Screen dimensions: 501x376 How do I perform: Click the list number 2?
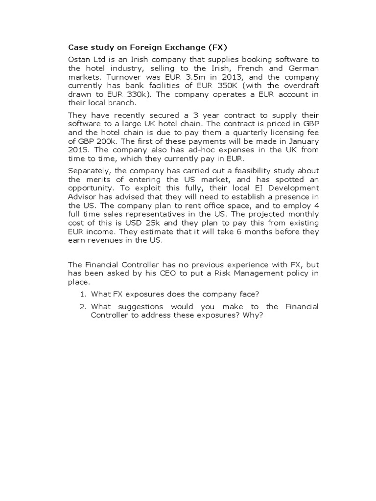coord(83,307)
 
